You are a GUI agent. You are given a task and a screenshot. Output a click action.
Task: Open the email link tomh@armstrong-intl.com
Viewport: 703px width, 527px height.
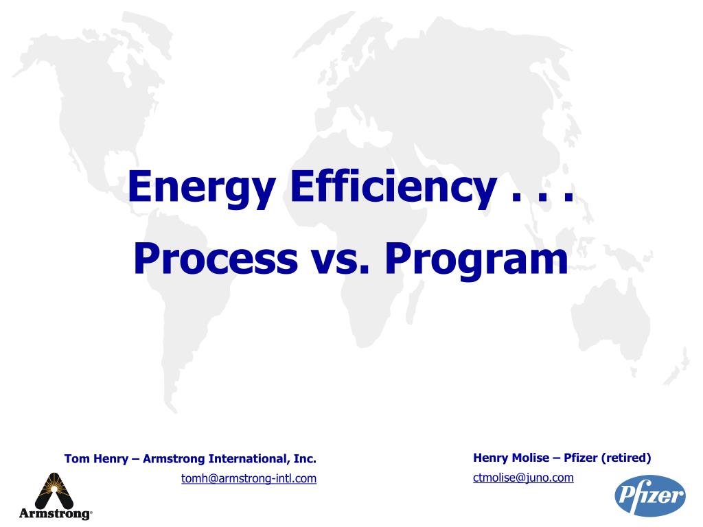[x=249, y=479]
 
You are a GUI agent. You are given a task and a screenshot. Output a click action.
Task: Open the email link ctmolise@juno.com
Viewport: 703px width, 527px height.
[x=523, y=478]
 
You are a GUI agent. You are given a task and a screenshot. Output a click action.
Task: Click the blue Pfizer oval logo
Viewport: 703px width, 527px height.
[x=649, y=495]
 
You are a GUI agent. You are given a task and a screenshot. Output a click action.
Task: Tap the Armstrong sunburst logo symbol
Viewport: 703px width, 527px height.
[x=54, y=490]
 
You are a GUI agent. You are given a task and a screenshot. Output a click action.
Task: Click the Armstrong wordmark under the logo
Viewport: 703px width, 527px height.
[x=54, y=513]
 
